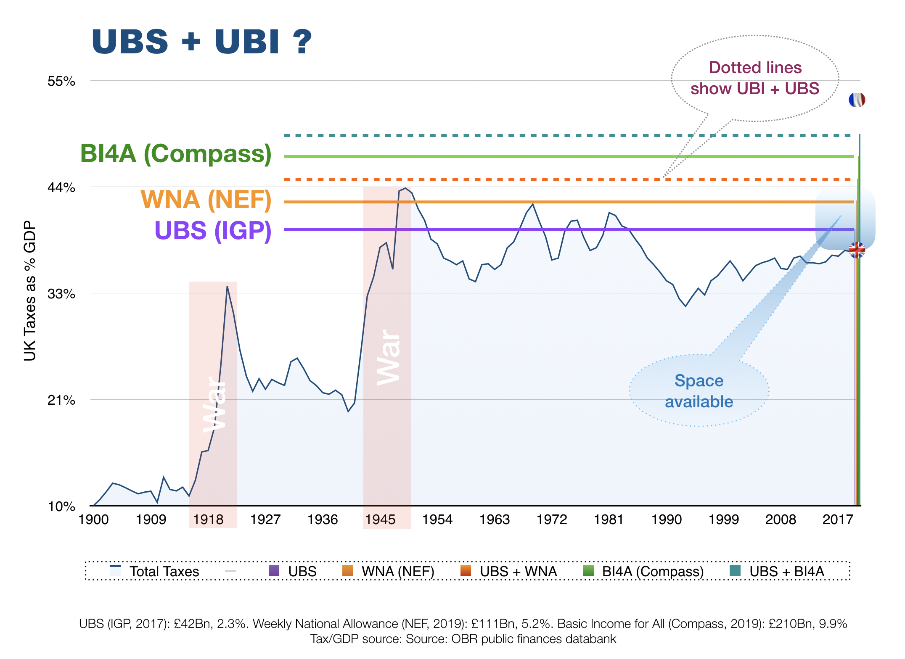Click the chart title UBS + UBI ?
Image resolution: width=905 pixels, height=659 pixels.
(202, 42)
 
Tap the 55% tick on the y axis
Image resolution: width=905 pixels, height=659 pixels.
(61, 81)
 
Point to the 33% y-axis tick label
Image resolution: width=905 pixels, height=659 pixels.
(61, 294)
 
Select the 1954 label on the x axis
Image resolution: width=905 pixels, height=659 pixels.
(437, 520)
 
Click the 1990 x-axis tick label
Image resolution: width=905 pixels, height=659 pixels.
(667, 520)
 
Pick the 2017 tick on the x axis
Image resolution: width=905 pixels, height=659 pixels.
(838, 520)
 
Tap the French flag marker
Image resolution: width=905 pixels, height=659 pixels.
(857, 100)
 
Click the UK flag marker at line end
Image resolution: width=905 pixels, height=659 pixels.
(857, 250)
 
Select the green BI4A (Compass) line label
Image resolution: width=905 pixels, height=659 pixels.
(176, 154)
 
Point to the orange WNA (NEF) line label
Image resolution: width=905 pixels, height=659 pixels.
(206, 200)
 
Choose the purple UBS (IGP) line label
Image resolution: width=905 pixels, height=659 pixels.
(213, 231)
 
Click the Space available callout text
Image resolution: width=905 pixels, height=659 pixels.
(699, 391)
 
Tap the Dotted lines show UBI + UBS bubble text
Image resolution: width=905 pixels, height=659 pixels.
(755, 78)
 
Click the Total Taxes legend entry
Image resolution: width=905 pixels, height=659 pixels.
(164, 572)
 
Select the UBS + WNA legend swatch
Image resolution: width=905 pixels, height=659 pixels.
(466, 571)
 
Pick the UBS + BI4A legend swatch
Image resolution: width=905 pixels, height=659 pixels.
(735, 571)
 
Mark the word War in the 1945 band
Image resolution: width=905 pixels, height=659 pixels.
(388, 357)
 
